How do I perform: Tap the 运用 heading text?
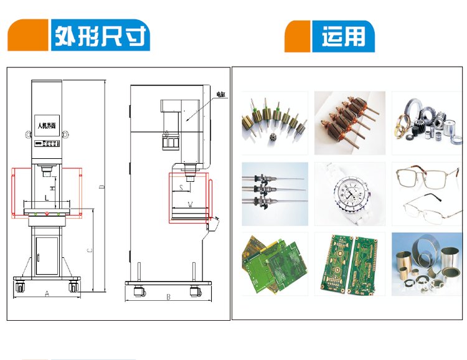click(x=344, y=37)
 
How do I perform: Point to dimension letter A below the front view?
click(x=47, y=293)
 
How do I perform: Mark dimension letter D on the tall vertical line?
click(x=101, y=187)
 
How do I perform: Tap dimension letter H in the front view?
click(x=52, y=186)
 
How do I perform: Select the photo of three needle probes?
click(x=274, y=193)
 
